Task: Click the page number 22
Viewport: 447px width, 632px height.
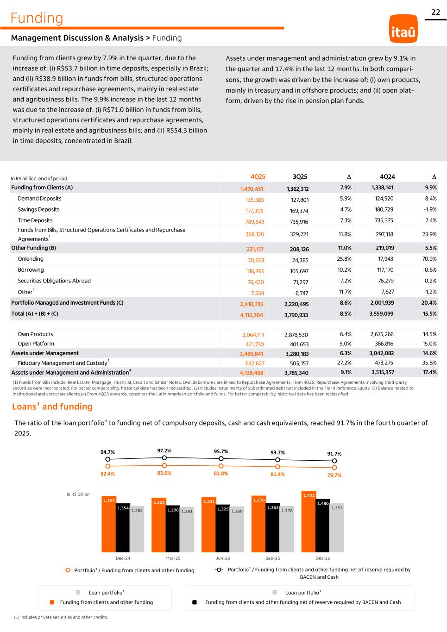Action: tap(435, 13)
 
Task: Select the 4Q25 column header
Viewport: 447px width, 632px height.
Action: tap(258, 176)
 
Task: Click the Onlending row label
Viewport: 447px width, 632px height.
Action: tap(31, 259)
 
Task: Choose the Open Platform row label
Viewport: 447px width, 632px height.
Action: tap(36, 344)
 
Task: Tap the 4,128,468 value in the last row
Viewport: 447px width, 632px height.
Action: tap(251, 373)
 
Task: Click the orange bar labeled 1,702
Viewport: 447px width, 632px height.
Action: tap(308, 523)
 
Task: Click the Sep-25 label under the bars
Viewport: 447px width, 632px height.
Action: tap(273, 558)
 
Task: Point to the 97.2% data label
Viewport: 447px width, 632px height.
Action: tap(164, 451)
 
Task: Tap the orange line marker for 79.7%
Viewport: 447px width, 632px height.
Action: tap(334, 468)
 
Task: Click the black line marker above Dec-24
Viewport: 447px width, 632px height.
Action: tap(108, 460)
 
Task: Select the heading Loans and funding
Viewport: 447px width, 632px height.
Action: tap(52, 407)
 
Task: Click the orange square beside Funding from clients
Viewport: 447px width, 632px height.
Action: tap(52, 602)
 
